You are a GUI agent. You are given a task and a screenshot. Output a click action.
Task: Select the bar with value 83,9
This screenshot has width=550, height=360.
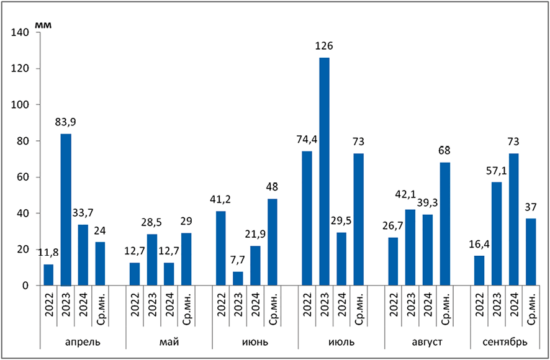[66, 210]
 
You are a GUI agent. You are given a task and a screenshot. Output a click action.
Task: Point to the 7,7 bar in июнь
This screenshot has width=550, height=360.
[238, 279]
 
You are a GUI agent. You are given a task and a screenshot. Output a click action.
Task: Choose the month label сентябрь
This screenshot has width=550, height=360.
[506, 342]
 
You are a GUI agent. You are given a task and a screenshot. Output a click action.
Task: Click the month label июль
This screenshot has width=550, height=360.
[333, 342]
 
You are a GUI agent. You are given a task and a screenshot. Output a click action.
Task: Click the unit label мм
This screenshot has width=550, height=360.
[43, 25]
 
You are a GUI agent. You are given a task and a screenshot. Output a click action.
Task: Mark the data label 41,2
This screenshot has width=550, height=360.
[222, 200]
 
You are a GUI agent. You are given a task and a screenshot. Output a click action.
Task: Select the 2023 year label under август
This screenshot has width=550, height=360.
[410, 306]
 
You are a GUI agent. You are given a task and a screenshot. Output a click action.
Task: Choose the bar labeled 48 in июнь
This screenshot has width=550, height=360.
[273, 242]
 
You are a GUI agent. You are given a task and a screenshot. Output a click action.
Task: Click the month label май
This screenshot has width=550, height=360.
[169, 342]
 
